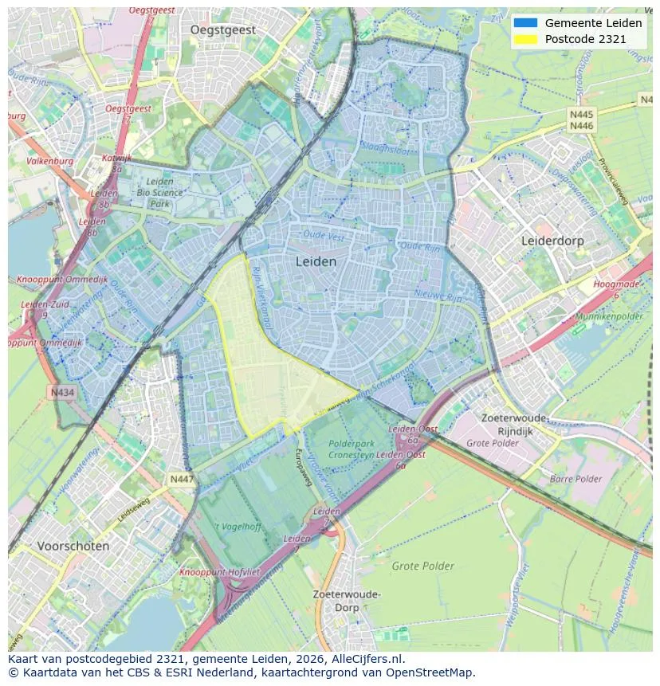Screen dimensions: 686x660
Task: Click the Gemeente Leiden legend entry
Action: (593, 23)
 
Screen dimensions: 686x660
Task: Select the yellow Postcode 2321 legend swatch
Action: (525, 38)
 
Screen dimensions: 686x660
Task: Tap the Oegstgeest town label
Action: (223, 29)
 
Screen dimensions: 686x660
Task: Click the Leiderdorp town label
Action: (552, 240)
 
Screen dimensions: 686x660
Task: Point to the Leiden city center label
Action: (316, 261)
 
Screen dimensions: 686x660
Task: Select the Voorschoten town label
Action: (73, 547)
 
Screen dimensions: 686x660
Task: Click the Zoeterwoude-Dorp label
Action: (347, 601)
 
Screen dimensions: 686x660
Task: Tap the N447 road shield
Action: (180, 479)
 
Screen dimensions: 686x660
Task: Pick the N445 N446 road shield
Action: (581, 120)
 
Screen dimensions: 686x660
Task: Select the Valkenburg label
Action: (49, 161)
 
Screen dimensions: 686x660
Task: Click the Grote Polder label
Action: (422, 566)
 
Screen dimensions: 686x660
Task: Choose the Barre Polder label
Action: (576, 479)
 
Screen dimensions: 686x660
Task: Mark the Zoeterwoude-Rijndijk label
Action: (515, 425)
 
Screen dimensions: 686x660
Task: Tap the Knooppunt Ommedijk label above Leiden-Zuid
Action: (57, 280)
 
